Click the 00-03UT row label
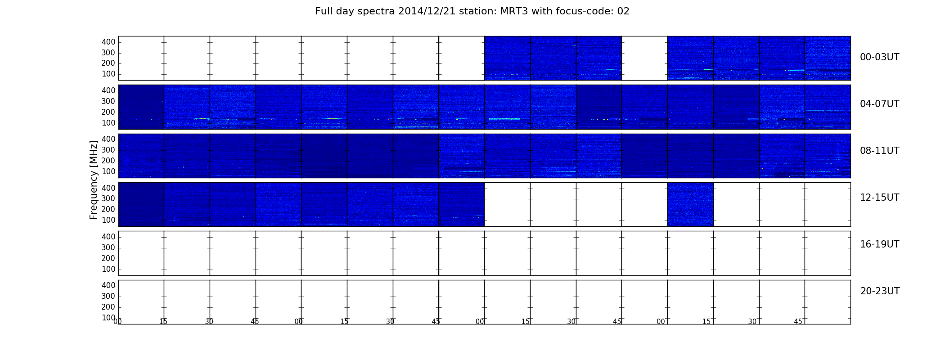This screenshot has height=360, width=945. pos(879,57)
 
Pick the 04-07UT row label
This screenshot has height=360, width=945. pos(879,104)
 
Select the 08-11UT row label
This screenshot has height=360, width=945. pos(879,151)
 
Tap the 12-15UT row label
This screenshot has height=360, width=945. pos(879,198)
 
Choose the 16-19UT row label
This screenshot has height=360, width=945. pos(879,244)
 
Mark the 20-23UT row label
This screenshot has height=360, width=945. pos(880,291)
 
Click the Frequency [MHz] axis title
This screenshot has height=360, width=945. pos(94,180)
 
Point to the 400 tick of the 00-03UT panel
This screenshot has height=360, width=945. pos(108,42)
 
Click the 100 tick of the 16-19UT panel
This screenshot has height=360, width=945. pos(108,269)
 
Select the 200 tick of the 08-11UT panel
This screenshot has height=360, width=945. pos(108,161)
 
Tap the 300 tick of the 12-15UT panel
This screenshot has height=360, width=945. pos(108,198)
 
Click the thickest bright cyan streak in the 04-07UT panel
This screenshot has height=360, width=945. pos(504,119)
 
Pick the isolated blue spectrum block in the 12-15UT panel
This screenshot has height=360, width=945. pos(690,204)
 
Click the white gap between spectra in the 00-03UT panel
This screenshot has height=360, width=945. pos(644,58)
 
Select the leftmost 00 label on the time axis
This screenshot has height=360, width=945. pos(118,321)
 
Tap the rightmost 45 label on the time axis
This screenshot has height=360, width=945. pos(798,321)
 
